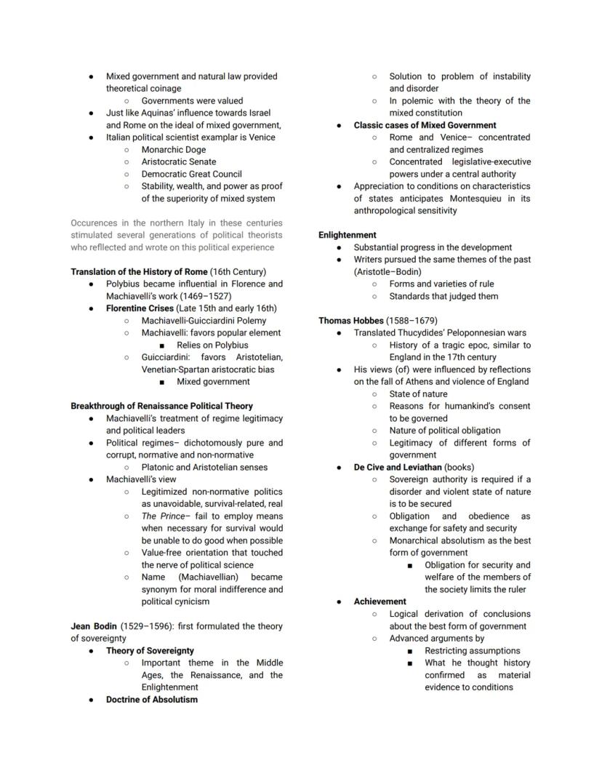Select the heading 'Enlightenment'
348,235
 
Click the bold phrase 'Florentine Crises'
141,308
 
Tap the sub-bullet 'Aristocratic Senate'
179,161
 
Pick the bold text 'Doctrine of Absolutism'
151,699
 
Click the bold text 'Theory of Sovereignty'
150,650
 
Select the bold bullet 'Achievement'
380,602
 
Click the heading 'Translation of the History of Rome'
139,271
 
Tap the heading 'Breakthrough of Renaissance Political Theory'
161,406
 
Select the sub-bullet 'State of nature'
418,394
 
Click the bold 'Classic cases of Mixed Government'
425,125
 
